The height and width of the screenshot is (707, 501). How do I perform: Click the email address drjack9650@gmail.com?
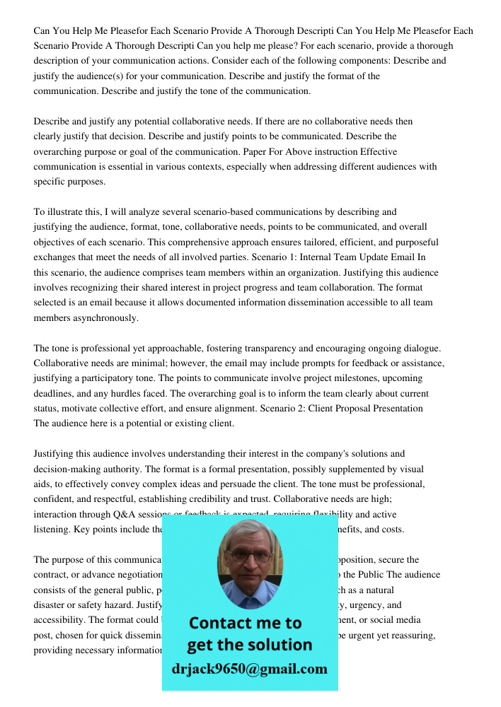(250, 669)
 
